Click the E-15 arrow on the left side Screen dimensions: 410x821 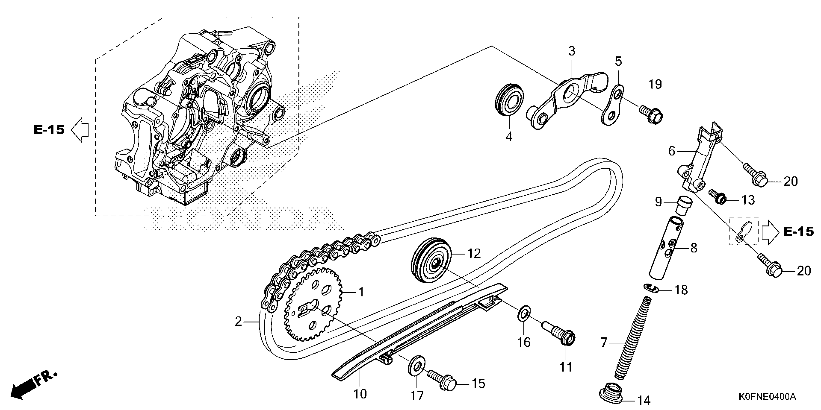79,130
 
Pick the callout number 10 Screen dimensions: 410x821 360,394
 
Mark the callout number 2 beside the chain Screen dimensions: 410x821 238,322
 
